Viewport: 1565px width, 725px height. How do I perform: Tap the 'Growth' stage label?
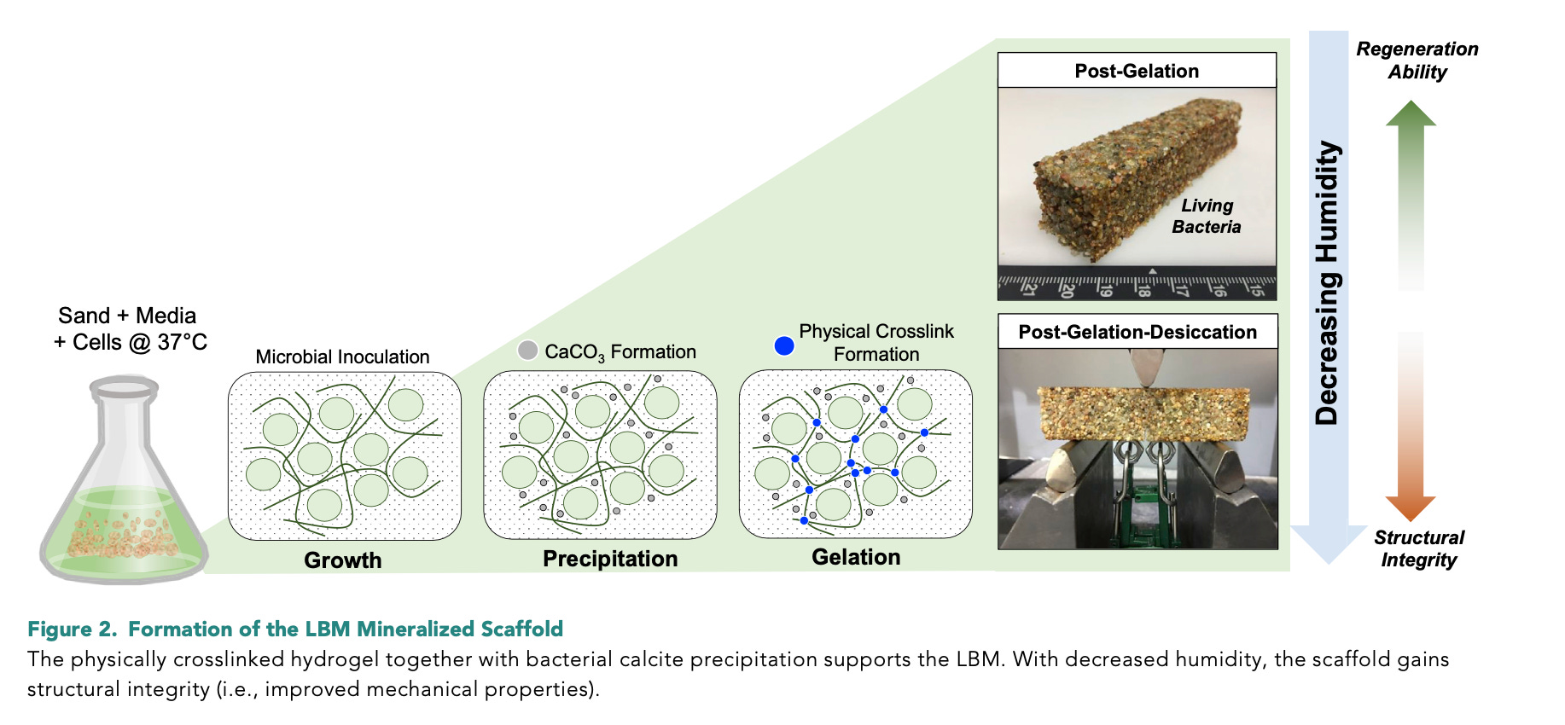(x=343, y=560)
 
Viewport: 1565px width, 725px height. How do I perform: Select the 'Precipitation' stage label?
(x=610, y=559)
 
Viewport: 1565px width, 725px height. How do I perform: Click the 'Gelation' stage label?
(x=856, y=557)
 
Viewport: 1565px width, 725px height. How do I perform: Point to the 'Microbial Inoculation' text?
(x=342, y=357)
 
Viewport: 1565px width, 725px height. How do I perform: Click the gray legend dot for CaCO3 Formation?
(x=528, y=351)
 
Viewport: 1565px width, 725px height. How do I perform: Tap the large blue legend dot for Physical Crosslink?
(x=783, y=345)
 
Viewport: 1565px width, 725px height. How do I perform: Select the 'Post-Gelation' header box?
(x=1137, y=71)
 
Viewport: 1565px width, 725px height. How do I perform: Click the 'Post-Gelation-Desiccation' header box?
(x=1137, y=332)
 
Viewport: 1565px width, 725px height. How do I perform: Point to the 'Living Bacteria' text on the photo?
(x=1207, y=217)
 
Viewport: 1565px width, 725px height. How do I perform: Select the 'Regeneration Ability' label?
(x=1417, y=61)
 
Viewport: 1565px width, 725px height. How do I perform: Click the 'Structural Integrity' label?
(x=1419, y=548)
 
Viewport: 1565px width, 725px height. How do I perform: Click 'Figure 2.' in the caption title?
(x=72, y=629)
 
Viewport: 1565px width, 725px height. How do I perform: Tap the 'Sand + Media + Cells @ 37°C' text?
(x=130, y=329)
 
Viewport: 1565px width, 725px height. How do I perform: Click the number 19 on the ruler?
(x=1105, y=290)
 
